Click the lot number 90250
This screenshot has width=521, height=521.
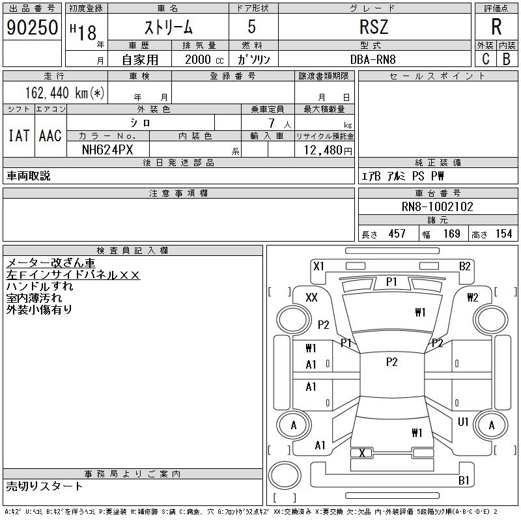click(x=31, y=27)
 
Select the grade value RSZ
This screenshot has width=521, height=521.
click(x=374, y=27)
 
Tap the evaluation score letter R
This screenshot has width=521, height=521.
click(x=496, y=27)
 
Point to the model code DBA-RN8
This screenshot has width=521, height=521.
click(x=373, y=59)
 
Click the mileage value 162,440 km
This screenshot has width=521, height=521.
click(x=64, y=92)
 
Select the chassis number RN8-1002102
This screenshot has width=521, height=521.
click(x=438, y=207)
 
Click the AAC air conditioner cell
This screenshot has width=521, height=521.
click(x=50, y=135)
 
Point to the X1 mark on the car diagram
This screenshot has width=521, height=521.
click(x=318, y=266)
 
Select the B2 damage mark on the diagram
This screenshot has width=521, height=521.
click(x=464, y=266)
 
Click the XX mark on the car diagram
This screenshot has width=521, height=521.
click(x=311, y=297)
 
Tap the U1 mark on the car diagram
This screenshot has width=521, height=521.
click(x=463, y=422)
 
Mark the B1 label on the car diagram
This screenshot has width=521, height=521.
click(x=464, y=481)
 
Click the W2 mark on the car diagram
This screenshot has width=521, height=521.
click(x=472, y=298)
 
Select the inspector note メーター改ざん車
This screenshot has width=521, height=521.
click(x=51, y=263)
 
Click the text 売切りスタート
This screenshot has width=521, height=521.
click(x=44, y=486)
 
